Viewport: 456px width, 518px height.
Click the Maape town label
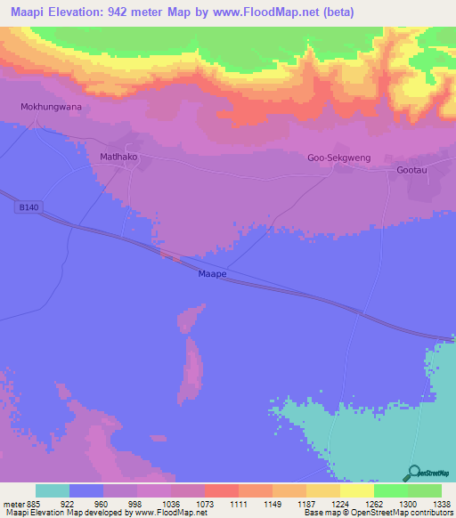(x=212, y=275)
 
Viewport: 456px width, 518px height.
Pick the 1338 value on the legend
(x=440, y=503)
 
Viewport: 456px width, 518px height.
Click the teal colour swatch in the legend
(x=53, y=490)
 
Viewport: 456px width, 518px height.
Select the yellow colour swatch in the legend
(x=356, y=490)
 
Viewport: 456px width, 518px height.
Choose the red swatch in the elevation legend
(x=221, y=490)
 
